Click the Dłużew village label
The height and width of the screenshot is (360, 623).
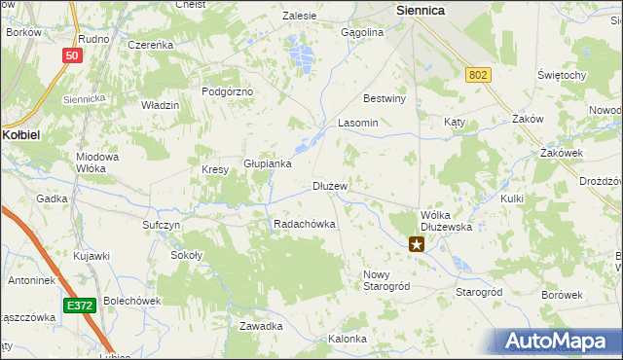click(x=330, y=185)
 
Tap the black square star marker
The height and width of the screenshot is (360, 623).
click(x=417, y=244)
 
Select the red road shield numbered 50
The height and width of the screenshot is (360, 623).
click(x=71, y=55)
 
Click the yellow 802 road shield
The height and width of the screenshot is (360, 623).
click(x=477, y=75)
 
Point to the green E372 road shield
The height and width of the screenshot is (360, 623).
click(x=81, y=306)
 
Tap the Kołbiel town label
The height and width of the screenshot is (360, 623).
click(x=20, y=134)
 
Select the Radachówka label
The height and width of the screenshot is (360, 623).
click(x=305, y=224)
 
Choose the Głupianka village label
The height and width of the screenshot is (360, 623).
click(x=268, y=163)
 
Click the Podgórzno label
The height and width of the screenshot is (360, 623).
click(x=227, y=90)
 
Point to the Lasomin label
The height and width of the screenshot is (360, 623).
click(x=357, y=124)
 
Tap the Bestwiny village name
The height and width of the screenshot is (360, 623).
click(x=384, y=98)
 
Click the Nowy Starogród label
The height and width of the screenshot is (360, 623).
click(x=386, y=280)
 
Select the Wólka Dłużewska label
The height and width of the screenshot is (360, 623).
click(x=446, y=220)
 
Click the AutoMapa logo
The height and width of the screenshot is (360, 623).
click(x=559, y=342)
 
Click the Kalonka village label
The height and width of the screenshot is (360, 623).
click(x=348, y=339)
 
